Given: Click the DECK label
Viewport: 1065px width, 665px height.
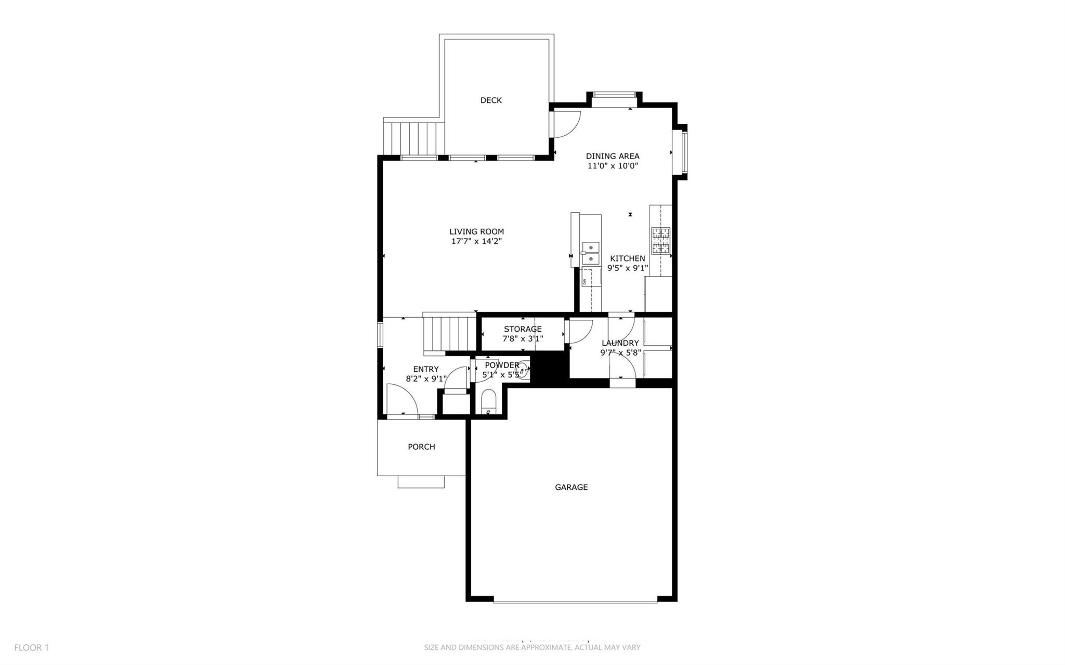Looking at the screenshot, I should pyautogui.click(x=490, y=100).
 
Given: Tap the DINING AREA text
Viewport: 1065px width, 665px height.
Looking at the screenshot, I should pyautogui.click(x=612, y=156).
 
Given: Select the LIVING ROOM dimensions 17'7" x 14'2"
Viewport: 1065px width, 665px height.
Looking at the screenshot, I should pyautogui.click(x=476, y=241).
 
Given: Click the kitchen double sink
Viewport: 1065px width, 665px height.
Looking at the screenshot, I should pyautogui.click(x=590, y=253).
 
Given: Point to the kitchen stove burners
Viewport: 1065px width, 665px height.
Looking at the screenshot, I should pyautogui.click(x=660, y=240).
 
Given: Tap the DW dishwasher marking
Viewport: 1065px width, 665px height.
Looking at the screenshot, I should pyautogui.click(x=585, y=281).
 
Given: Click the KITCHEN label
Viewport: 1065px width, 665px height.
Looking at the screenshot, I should pyautogui.click(x=627, y=258).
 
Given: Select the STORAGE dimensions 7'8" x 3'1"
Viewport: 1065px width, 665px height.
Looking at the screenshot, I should pyautogui.click(x=523, y=338).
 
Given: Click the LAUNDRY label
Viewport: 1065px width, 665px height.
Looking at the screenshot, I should pyautogui.click(x=620, y=343).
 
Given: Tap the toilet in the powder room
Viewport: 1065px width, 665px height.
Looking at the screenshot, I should pyautogui.click(x=489, y=403).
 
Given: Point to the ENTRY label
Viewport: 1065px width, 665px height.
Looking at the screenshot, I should pyautogui.click(x=426, y=369).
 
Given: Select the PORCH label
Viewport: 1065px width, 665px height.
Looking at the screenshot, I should pyautogui.click(x=421, y=447).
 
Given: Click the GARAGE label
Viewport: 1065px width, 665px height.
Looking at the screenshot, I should pyautogui.click(x=571, y=487).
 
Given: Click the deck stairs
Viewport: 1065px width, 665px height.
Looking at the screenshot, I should pyautogui.click(x=413, y=138).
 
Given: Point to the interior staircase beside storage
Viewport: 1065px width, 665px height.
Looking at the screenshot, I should pyautogui.click(x=450, y=333).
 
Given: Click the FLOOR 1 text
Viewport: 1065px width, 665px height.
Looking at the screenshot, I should pyautogui.click(x=31, y=647).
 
